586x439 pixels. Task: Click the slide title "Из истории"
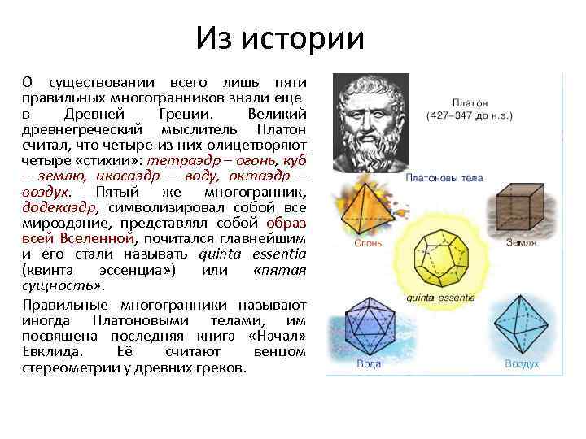click(x=280, y=37)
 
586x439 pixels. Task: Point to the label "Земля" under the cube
click(x=521, y=241)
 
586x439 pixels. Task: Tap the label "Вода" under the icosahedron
click(x=369, y=363)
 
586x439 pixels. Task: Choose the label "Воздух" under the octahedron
click(x=522, y=363)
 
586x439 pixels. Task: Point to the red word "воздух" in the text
click(x=46, y=193)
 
